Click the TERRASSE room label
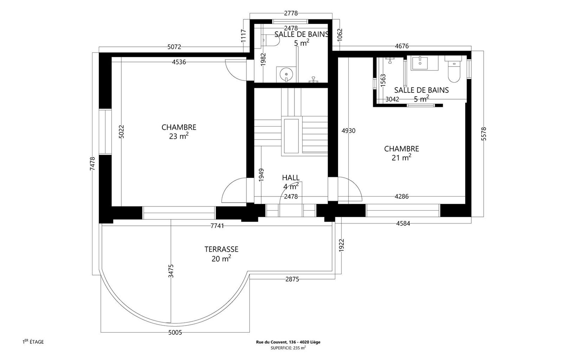[221, 249]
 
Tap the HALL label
[291, 178]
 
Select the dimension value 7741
[217, 226]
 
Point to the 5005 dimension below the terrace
[175, 332]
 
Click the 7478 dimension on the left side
[92, 164]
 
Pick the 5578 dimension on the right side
[483, 134]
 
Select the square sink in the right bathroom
[420, 63]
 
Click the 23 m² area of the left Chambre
[179, 136]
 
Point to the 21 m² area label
[401, 157]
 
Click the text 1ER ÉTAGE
[33, 342]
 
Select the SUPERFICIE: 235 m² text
[288, 348]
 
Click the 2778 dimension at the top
[291, 13]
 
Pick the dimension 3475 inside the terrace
[171, 271]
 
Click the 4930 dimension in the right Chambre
[348, 131]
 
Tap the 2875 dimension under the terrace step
[292, 279]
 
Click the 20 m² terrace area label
[221, 258]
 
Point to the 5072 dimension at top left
[174, 47]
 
